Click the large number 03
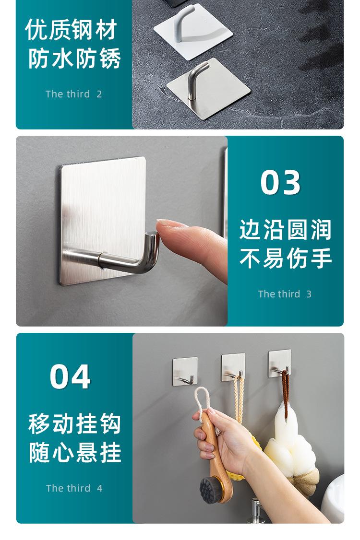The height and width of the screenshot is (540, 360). pyautogui.click(x=281, y=183)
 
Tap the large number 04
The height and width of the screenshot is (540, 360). pyautogui.click(x=70, y=377)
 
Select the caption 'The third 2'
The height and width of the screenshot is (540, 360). pyautogui.click(x=73, y=94)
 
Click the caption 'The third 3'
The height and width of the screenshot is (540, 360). pyautogui.click(x=285, y=294)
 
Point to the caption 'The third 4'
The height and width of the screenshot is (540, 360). pyautogui.click(x=74, y=488)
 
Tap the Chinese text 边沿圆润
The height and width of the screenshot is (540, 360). pyautogui.click(x=285, y=230)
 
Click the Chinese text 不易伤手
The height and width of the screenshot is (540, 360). pyautogui.click(x=285, y=258)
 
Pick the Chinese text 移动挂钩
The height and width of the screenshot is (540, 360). pyautogui.click(x=74, y=424)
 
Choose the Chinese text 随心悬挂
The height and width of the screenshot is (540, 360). pyautogui.click(x=74, y=453)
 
